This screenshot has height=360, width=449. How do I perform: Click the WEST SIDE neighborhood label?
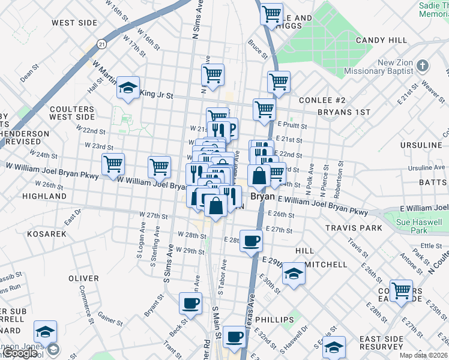pos(74,23)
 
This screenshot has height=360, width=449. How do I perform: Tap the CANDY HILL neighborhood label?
pos(382,40)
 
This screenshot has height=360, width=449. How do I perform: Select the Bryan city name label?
pos(262,196)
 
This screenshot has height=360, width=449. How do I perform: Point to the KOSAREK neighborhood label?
pos(46,233)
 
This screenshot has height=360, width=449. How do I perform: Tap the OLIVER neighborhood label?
pos(83,278)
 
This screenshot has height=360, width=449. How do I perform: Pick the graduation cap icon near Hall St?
pos(128,88)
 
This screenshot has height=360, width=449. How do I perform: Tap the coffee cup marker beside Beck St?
pos(191,304)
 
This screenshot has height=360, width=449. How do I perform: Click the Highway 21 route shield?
pos(103,44)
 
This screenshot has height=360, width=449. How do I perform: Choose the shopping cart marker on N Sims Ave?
pos(213,76)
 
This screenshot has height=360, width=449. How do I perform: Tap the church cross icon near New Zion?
pos(423,65)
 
